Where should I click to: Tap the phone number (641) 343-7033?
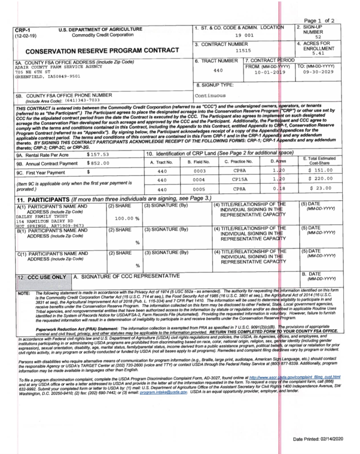click(88, 101)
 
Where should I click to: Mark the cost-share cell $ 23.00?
click(322, 189)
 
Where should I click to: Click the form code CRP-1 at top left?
click(22, 30)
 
